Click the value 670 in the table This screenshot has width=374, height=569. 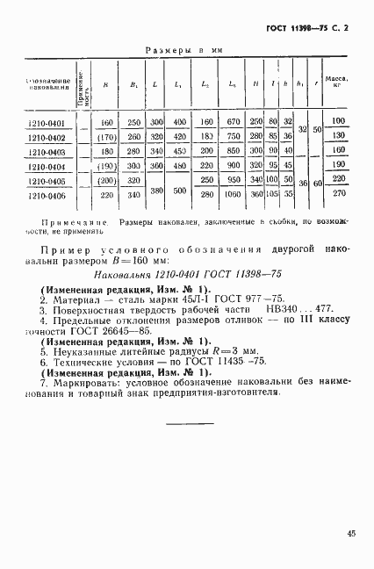pos(234,123)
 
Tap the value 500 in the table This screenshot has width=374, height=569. pos(181,188)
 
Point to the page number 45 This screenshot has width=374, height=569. pos(350,532)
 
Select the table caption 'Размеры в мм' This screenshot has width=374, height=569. pos(184,52)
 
